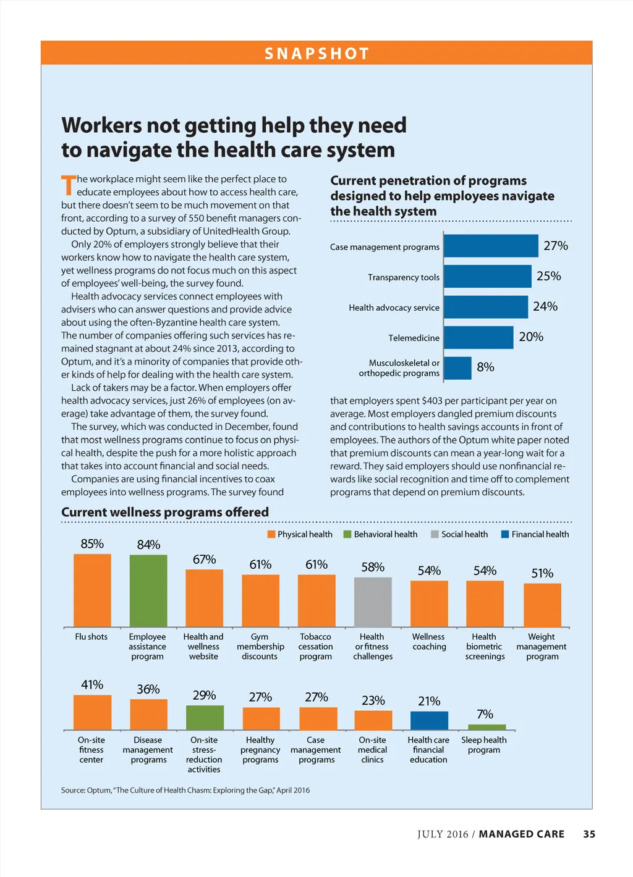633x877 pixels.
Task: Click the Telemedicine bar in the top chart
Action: point(478,337)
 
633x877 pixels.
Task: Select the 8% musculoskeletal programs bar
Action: point(457,368)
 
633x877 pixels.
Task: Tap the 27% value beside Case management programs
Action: point(555,246)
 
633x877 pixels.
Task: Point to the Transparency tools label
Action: point(404,277)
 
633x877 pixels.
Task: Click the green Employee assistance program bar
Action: point(148,590)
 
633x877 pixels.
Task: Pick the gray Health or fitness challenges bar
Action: point(373,602)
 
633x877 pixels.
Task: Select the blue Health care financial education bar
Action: point(429,720)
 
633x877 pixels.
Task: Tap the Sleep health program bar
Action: point(486,727)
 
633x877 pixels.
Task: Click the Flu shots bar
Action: point(92,590)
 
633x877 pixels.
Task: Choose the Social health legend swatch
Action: point(435,534)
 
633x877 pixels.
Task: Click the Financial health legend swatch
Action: point(505,534)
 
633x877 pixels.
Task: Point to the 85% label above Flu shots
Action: point(92,543)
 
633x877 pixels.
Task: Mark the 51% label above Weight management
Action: point(542,573)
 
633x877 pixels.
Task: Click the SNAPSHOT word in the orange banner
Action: point(316,54)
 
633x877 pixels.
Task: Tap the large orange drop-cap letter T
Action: point(68,185)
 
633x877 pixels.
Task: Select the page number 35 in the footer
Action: point(589,834)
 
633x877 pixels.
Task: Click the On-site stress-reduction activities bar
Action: point(205,718)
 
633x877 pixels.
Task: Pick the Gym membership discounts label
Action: point(260,646)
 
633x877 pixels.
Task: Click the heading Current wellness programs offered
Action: point(165,512)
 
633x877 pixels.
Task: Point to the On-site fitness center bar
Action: point(92,712)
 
